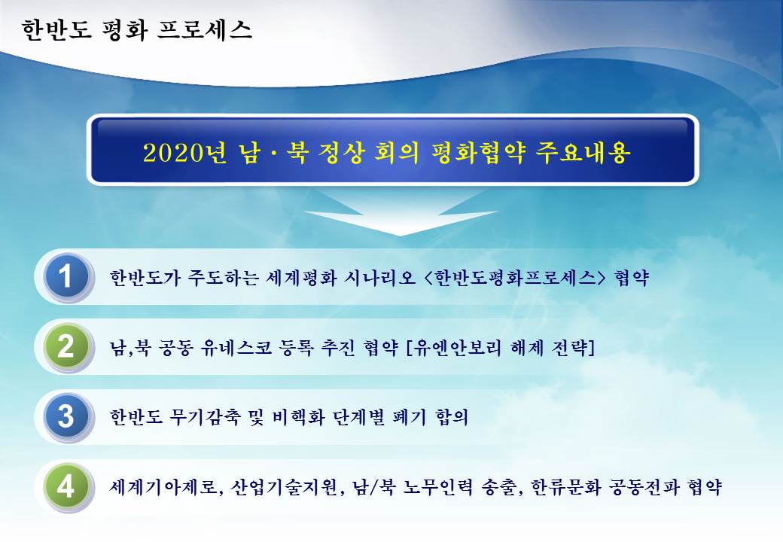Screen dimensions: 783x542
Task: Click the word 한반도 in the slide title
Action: tap(56, 29)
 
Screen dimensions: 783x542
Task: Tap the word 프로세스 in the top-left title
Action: tap(205, 29)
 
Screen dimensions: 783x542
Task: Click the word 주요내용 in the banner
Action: tap(583, 152)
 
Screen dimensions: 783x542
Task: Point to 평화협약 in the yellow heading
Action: tap(478, 152)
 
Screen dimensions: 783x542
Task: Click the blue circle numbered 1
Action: tap(67, 276)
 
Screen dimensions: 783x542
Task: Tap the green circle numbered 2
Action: tap(67, 346)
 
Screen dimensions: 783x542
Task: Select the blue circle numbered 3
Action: tap(67, 416)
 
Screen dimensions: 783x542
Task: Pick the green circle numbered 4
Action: tap(67, 486)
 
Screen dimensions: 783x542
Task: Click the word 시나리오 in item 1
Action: tap(380, 277)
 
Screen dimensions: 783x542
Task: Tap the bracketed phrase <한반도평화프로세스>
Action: tap(514, 277)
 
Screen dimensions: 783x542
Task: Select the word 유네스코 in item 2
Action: tap(236, 347)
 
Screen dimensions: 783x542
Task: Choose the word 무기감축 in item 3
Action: tap(206, 417)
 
